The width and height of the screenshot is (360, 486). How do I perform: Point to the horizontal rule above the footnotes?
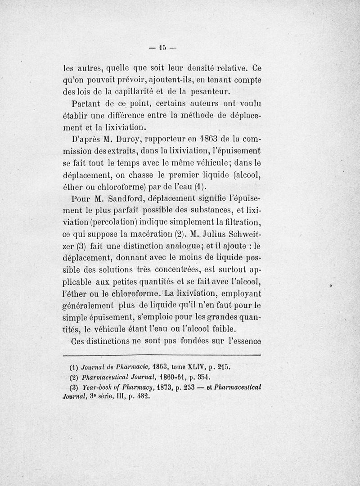[x=162, y=355]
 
